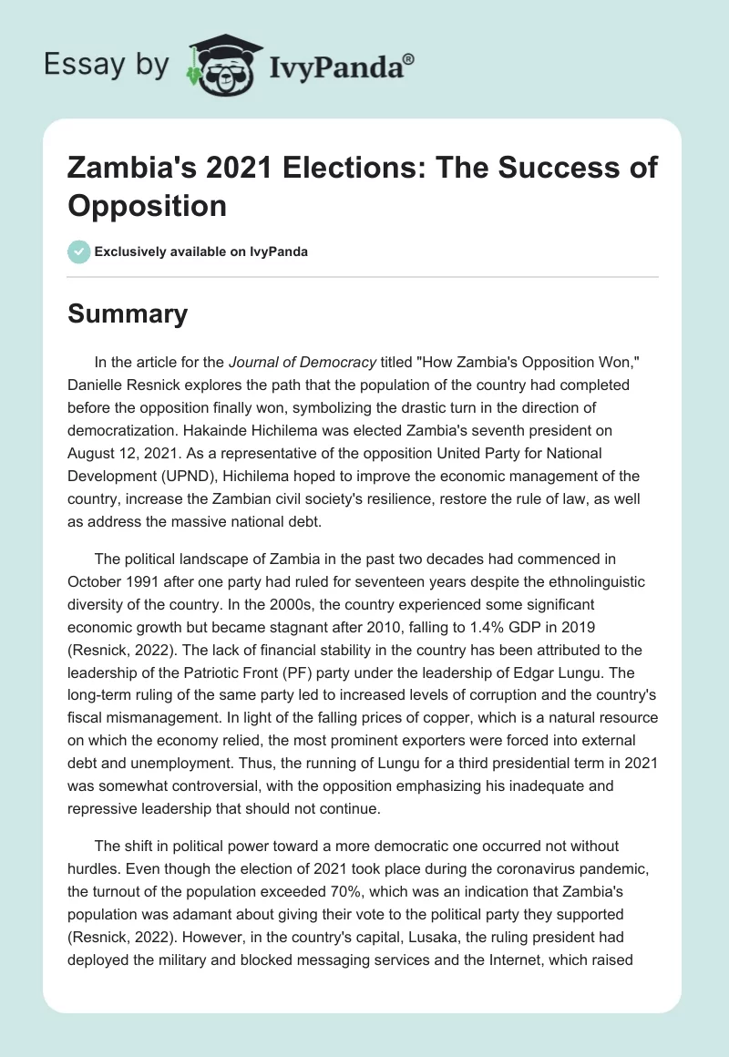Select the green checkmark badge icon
[x=79, y=251]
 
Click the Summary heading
[x=128, y=313]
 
